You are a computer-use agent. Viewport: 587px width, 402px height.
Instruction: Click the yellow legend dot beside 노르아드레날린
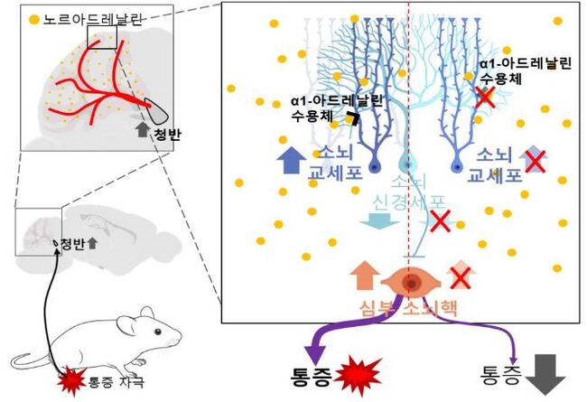coord(34,20)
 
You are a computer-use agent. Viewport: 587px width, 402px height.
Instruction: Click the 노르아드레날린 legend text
coord(92,20)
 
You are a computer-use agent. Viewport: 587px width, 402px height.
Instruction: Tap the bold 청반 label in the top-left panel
coord(167,134)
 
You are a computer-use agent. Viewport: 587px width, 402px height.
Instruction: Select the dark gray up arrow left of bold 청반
coord(143,129)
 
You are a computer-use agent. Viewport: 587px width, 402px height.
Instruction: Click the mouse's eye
coord(158,332)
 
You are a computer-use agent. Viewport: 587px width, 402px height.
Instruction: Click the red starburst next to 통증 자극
coord(71,381)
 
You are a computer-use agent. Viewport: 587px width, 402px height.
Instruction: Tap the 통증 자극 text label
coord(116,382)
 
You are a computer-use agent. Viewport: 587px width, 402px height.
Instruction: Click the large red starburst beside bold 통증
coord(358,376)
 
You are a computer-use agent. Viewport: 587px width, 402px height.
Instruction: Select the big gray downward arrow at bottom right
coord(545,374)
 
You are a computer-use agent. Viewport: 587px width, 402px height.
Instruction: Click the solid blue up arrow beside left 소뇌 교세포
coord(292,160)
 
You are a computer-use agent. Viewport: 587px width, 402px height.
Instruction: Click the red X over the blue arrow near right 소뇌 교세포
coord(535,161)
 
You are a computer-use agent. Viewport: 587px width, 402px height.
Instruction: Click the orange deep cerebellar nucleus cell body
coord(410,283)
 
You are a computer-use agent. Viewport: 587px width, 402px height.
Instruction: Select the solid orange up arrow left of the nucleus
coord(365,276)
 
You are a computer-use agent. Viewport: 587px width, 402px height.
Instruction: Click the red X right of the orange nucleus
coord(461,279)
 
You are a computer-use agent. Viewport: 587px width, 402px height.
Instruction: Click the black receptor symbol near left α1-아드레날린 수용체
coord(352,118)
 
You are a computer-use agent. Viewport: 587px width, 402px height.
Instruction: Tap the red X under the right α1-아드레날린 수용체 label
coord(485,98)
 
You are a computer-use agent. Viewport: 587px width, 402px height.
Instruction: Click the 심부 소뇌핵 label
coord(408,308)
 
